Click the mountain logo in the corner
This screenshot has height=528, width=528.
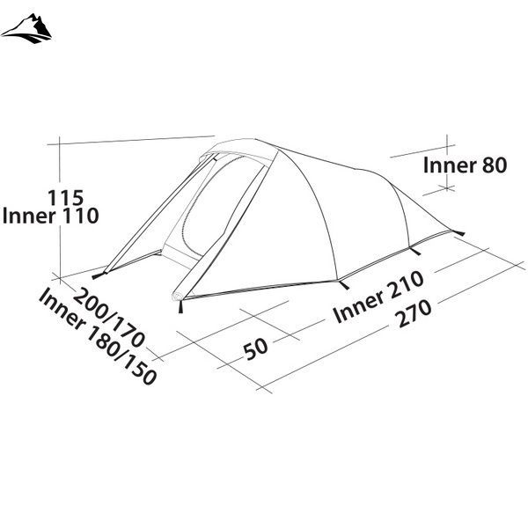(26, 29)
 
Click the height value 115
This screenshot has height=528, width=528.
(65, 198)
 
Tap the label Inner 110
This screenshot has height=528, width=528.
(50, 216)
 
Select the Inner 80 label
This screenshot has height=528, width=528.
(465, 165)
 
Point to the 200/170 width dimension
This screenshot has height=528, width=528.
(109, 318)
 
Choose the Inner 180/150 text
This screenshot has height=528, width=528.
(98, 336)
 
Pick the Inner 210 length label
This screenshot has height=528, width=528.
(378, 297)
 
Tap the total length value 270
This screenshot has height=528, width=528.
(414, 313)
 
